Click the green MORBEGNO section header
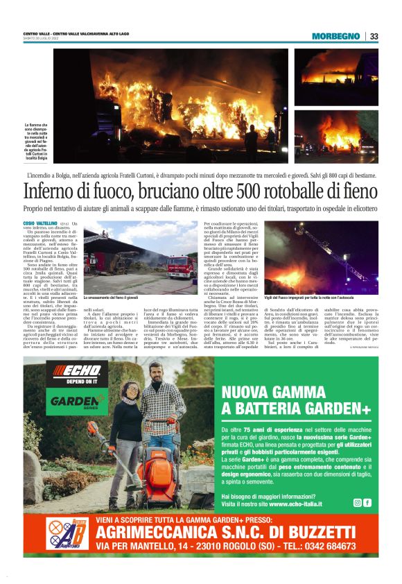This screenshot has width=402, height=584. tap(335, 36)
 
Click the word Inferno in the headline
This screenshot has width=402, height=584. tap(50, 190)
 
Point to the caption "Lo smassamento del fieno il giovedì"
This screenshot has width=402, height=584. tap(114, 297)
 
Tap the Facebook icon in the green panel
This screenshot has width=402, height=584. tap(367, 503)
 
